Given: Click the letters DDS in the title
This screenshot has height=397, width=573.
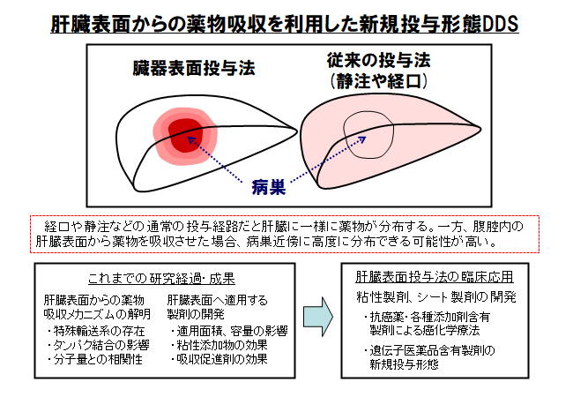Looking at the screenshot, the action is (501, 24).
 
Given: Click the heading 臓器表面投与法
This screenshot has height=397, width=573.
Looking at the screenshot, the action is (194, 68).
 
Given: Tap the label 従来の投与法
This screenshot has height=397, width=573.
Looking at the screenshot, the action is (379, 60).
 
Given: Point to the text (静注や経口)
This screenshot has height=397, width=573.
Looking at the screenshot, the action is (379, 81).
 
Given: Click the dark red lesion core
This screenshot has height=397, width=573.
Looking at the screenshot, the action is (185, 135).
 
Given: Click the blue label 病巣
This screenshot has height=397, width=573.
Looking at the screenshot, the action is (269, 188).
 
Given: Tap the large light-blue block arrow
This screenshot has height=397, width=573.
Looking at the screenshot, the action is (318, 317).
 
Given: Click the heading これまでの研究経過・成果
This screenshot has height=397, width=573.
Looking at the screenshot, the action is (161, 279).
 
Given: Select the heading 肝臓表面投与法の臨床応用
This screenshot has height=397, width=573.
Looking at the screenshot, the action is (435, 277).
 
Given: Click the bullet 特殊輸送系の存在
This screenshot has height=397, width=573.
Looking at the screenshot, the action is (96, 331).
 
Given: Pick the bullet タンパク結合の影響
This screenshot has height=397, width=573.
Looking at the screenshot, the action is (98, 345).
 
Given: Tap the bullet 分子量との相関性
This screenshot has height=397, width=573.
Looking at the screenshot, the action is (94, 359).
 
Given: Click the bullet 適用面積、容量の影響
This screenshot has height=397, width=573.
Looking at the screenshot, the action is (229, 331).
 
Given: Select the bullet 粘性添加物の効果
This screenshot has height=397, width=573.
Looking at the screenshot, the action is (219, 345).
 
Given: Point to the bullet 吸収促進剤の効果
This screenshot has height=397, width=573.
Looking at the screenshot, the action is (219, 359).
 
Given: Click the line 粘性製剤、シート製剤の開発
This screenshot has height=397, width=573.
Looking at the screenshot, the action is (436, 296).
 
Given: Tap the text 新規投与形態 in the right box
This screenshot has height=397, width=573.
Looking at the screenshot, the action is (404, 364).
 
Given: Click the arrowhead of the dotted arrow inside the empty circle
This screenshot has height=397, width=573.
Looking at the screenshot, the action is (363, 139).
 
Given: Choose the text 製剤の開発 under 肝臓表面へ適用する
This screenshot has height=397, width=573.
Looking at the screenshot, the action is (196, 314).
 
